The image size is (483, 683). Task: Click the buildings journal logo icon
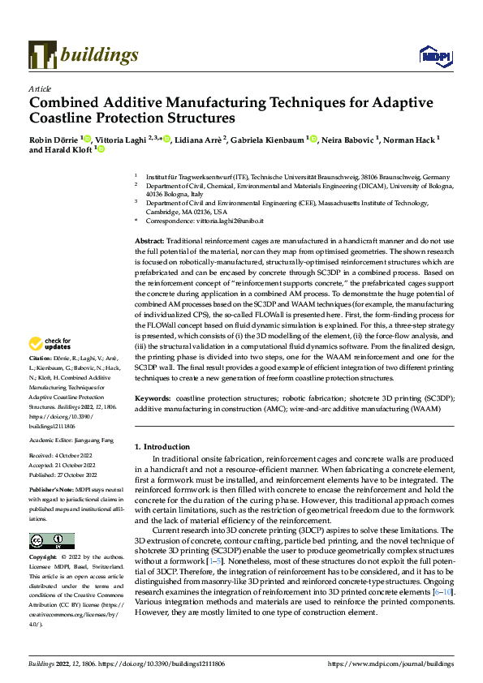coord(42,55)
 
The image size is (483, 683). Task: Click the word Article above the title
coord(40,88)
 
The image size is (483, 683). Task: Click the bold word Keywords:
coord(152,399)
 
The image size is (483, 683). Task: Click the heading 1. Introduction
coord(165,447)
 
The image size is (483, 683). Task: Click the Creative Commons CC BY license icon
coord(52,542)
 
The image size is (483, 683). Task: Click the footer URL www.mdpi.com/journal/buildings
coord(390,664)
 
